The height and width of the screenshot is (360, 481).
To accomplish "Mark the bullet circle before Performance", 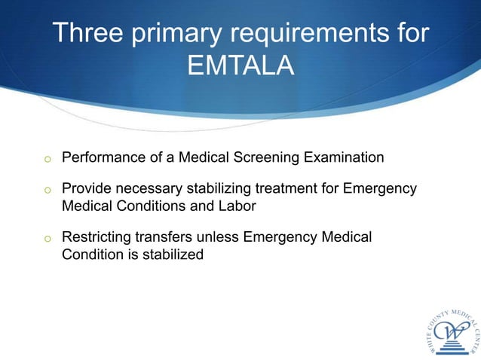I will (x=47, y=160).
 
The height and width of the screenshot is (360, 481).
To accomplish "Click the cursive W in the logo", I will (x=451, y=331).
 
